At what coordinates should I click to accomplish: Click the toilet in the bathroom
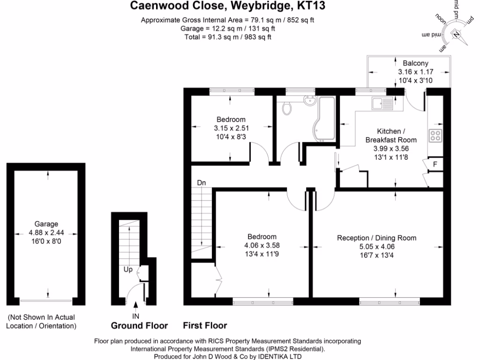[x=287, y=108]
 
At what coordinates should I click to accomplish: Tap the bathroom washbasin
[x=309, y=100]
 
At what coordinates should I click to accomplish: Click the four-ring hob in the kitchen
[x=435, y=135]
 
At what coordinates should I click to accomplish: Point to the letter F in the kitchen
[x=435, y=164]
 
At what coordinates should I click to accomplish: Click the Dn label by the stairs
[x=202, y=182]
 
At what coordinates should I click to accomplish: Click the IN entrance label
[x=136, y=317]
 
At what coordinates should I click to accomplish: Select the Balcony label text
[x=415, y=63]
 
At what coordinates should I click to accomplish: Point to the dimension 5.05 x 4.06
[x=377, y=247]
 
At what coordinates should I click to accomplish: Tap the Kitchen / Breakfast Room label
[x=391, y=135]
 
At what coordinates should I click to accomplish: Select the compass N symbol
[x=456, y=34]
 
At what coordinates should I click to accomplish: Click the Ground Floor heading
[x=135, y=325]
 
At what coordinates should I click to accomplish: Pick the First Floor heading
[x=205, y=325]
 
